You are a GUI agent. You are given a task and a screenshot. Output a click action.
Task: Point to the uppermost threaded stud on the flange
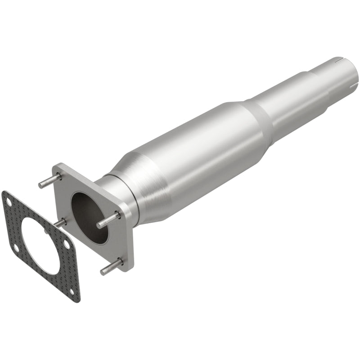49,181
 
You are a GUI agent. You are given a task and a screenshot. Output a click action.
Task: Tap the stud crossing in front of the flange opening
108,220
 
